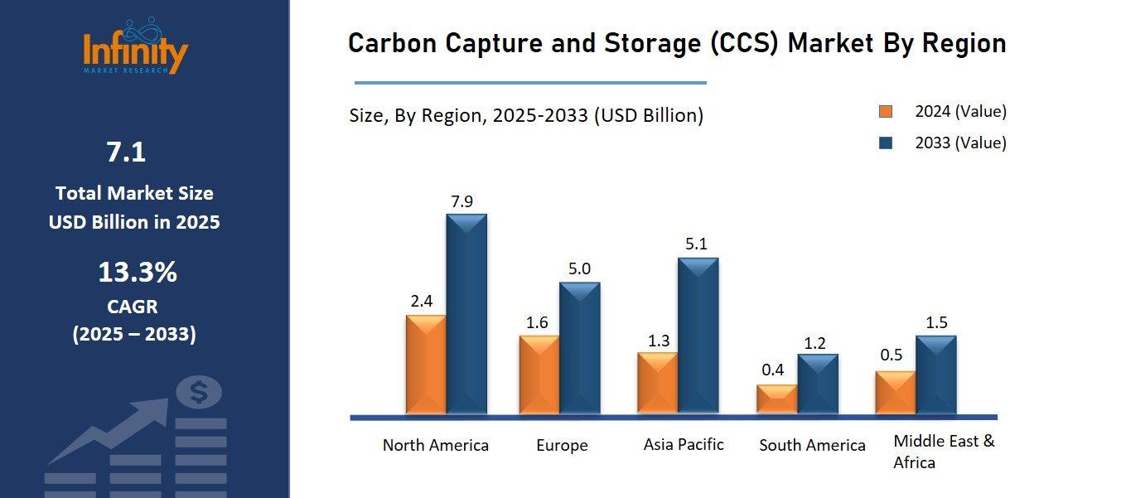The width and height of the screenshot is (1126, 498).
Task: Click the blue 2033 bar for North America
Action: point(466,315)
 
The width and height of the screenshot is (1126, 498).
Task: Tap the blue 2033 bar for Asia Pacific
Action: point(698,336)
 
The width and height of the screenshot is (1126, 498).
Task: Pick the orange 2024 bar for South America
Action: point(776,399)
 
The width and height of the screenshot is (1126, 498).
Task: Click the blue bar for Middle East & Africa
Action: point(935,375)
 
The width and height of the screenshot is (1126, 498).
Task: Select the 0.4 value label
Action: point(772,370)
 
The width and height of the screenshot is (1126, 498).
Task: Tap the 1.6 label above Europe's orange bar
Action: point(537,322)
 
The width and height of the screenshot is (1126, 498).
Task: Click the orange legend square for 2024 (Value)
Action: point(886,112)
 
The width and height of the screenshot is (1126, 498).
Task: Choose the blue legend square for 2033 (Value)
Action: point(886,143)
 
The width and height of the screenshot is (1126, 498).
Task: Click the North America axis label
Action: point(435,445)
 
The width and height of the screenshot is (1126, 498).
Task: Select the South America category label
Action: point(812,445)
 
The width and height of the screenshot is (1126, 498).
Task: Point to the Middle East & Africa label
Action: point(944,452)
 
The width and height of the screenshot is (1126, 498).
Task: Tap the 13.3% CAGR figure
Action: point(138,272)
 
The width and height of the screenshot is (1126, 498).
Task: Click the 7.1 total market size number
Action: point(126,152)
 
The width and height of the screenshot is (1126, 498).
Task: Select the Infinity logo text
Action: point(136,52)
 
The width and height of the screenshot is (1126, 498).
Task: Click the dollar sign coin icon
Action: point(199,392)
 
